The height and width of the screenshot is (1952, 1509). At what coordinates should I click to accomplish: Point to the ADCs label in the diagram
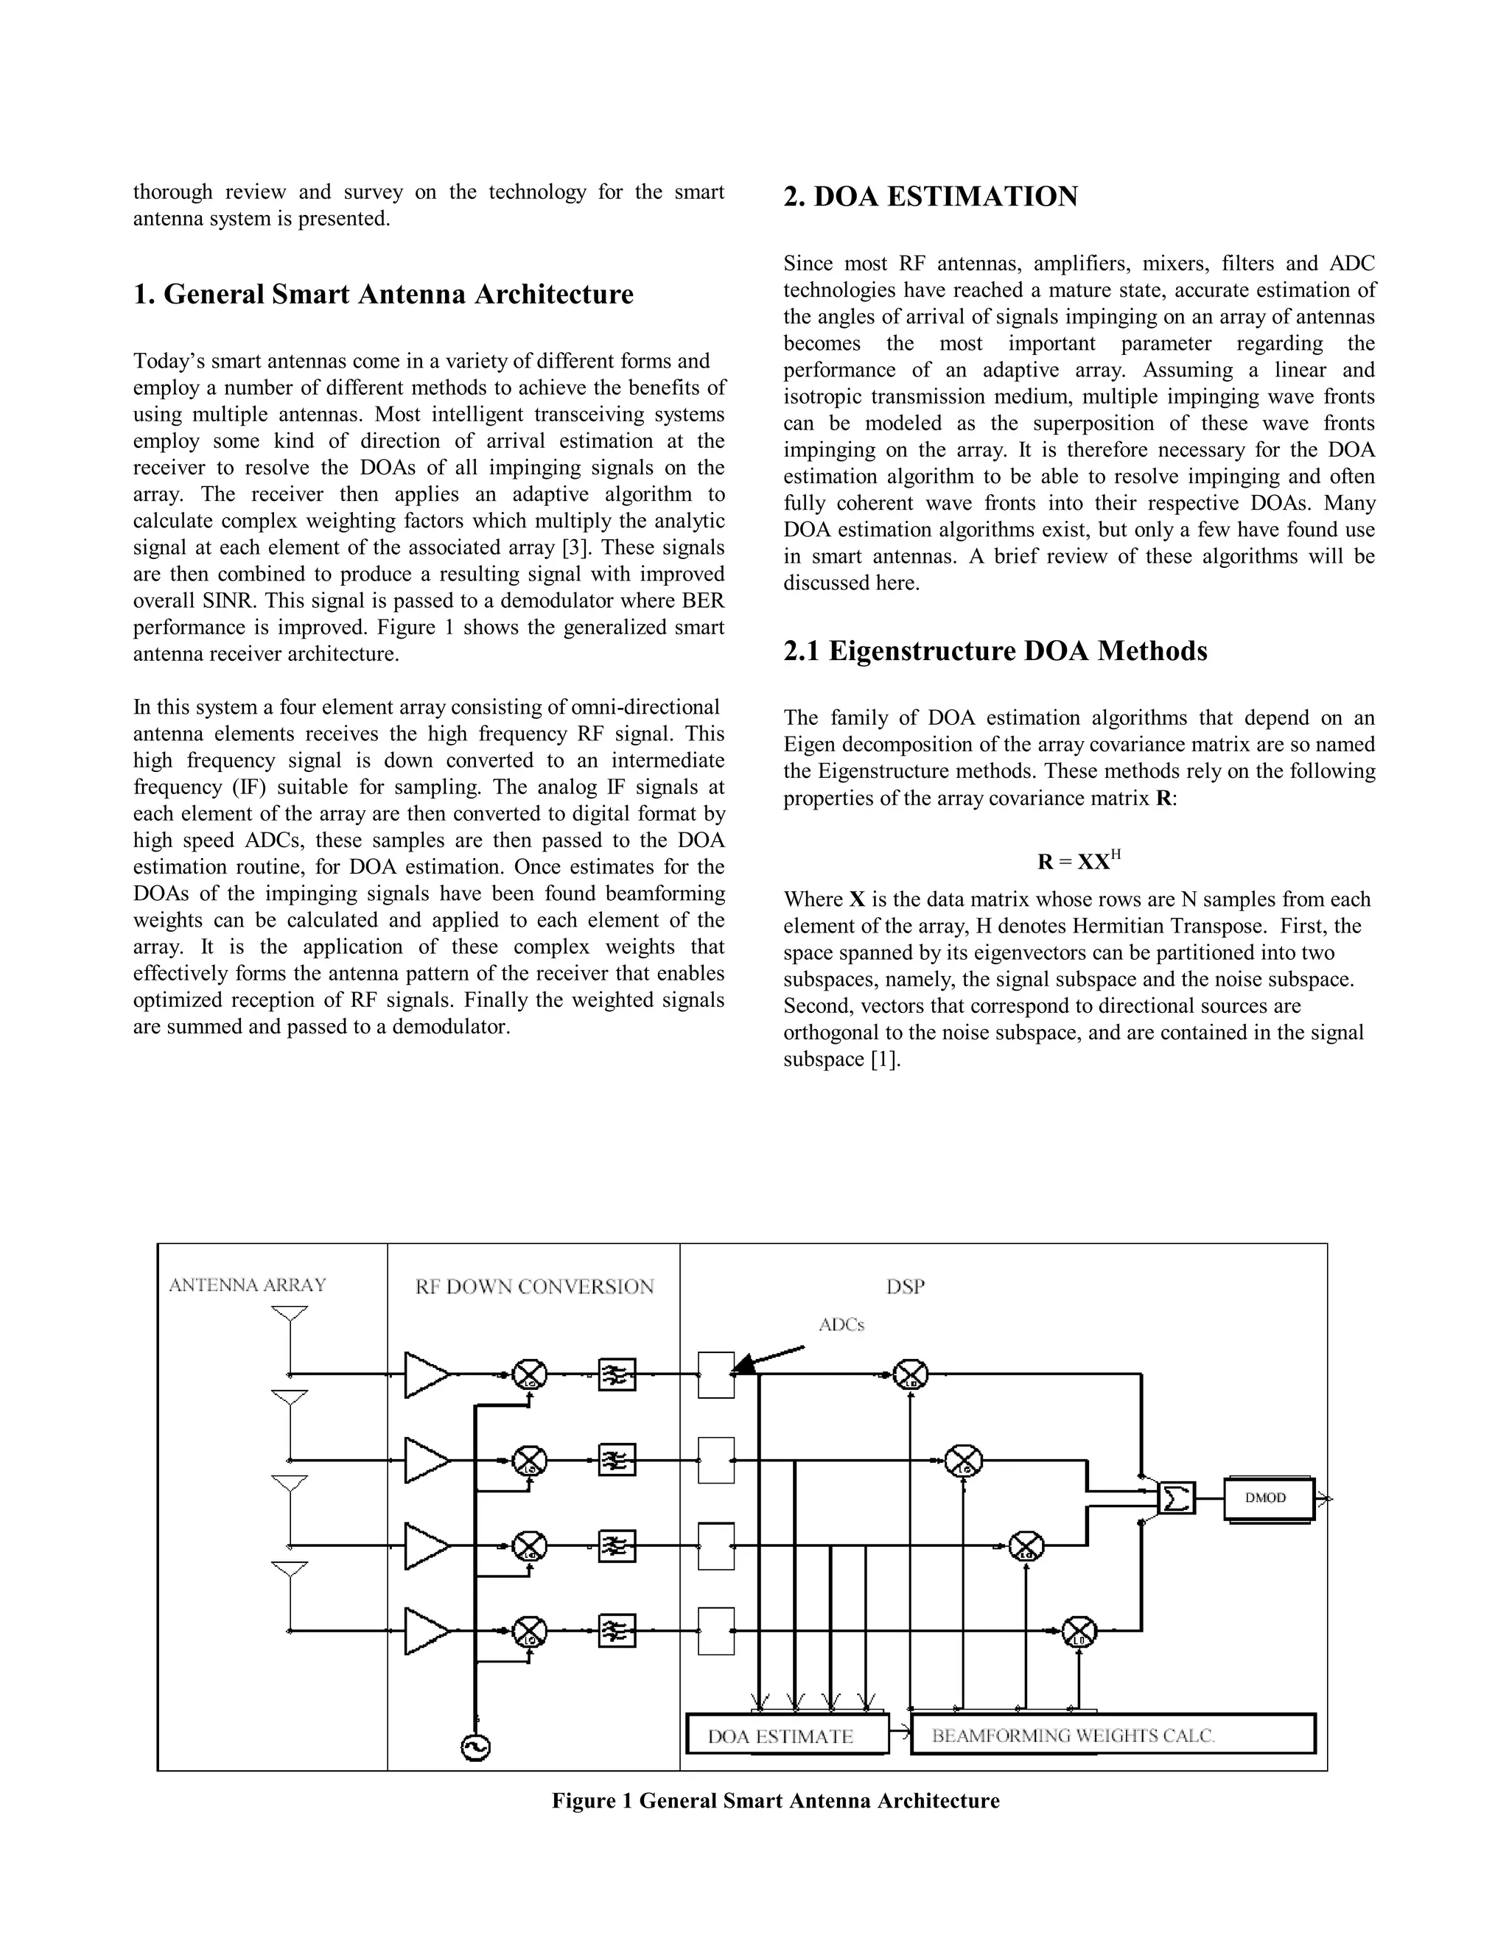(841, 1324)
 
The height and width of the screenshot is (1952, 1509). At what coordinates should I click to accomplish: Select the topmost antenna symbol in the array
(290, 1315)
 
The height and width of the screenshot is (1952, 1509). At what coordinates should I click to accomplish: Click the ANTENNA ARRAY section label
(248, 1285)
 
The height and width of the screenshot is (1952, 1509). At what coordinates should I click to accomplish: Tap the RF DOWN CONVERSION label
(535, 1286)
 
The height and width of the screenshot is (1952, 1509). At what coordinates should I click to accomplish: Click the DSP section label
(906, 1286)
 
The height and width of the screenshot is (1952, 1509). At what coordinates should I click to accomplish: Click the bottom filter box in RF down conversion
(617, 1631)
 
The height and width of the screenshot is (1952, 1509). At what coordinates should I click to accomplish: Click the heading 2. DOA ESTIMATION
(931, 197)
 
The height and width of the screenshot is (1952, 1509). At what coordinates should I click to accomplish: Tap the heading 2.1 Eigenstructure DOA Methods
(995, 650)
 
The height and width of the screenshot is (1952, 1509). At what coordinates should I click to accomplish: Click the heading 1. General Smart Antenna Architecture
(383, 294)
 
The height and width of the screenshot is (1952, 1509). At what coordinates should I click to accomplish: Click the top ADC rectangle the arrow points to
(716, 1375)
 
